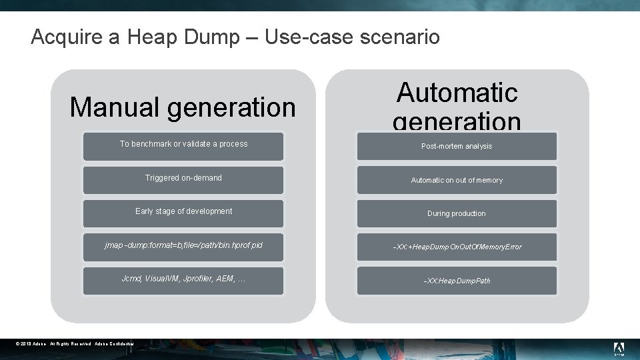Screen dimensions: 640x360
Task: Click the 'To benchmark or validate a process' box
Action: point(183,145)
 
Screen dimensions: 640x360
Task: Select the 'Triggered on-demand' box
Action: point(183,179)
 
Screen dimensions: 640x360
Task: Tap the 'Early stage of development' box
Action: point(183,212)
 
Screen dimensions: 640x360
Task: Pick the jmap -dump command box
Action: point(183,246)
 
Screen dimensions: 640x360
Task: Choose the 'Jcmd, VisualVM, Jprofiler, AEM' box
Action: point(183,279)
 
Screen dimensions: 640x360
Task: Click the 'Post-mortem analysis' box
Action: point(457,147)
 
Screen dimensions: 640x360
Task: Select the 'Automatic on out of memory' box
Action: point(457,181)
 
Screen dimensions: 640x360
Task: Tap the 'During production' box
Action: point(457,214)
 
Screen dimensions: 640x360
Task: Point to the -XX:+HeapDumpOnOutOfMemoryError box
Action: point(457,247)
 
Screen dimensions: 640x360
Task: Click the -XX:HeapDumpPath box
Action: point(457,281)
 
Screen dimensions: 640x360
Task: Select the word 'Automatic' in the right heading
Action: point(457,93)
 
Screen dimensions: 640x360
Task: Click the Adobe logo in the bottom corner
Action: point(619,349)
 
